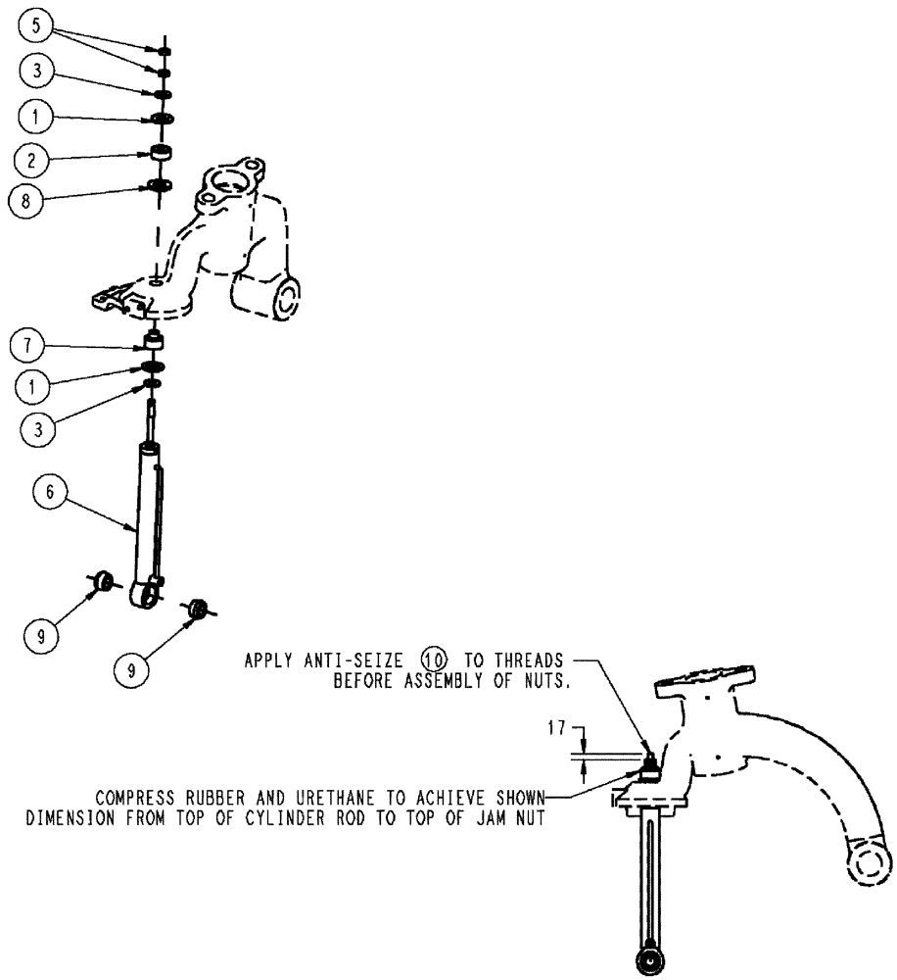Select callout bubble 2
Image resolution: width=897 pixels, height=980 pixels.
click(x=33, y=157)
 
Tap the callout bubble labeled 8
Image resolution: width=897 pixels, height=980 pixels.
click(x=33, y=200)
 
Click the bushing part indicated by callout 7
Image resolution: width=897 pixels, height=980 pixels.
click(x=153, y=343)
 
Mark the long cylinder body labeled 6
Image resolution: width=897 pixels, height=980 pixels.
click(x=150, y=510)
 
